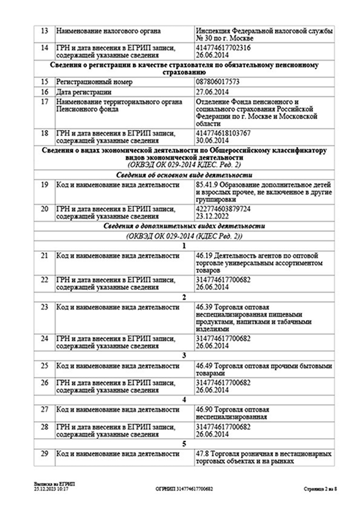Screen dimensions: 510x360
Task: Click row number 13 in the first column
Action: point(45,31)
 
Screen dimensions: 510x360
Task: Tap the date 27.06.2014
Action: point(212,92)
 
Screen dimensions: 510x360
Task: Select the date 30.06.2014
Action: point(212,140)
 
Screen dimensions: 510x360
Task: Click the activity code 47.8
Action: point(201,454)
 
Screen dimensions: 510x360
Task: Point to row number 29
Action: point(45,454)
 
